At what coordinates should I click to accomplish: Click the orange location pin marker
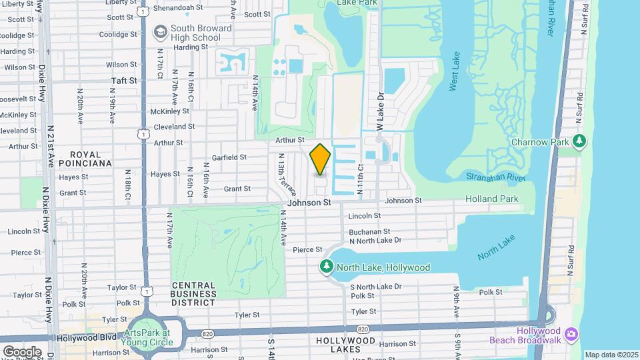321,159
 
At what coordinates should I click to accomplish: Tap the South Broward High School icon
160,31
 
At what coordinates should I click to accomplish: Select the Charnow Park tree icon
581,141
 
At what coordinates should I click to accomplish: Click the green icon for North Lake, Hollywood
326,267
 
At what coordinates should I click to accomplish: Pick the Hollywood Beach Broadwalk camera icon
571,333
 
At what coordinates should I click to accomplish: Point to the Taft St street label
124,80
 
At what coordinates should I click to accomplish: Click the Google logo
22,351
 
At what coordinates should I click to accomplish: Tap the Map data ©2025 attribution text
611,355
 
